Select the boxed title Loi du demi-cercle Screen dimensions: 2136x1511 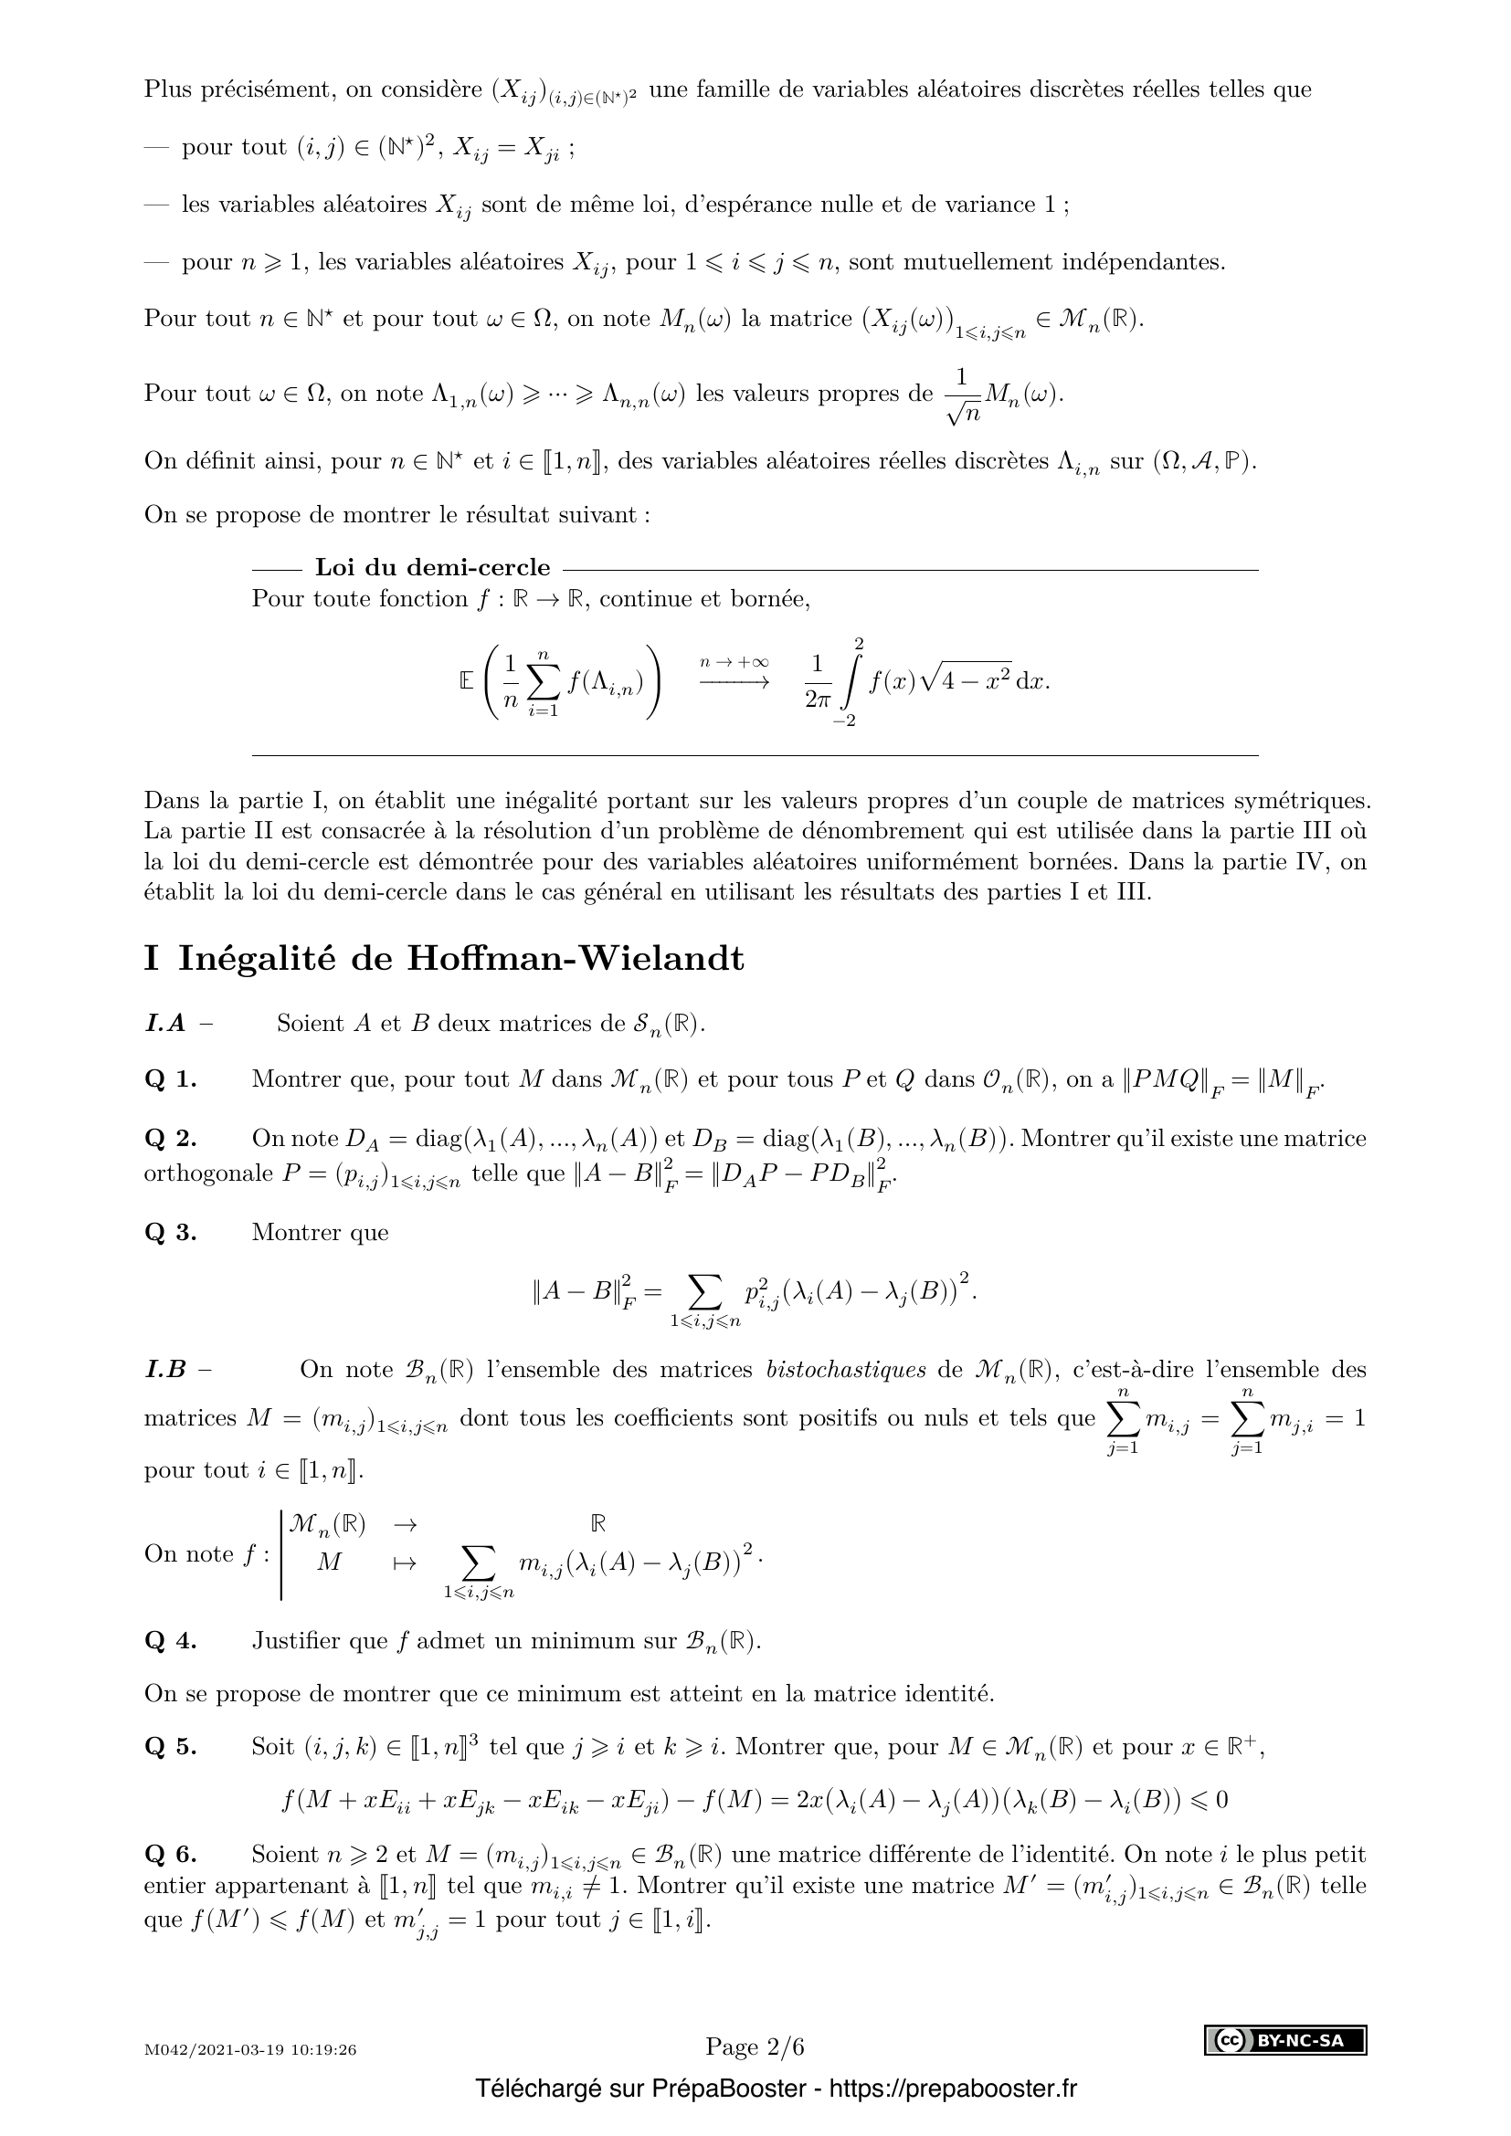coord(433,567)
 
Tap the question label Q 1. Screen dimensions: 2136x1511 coord(170,1080)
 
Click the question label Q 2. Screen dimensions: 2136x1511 coord(170,1139)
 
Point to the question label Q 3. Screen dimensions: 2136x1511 coord(170,1233)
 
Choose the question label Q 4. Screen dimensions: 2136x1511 coord(170,1641)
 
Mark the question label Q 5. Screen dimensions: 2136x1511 coord(170,1747)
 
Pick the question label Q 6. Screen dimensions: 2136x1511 coord(170,1854)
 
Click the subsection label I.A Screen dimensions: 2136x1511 coord(165,1024)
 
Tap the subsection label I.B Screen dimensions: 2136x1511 coord(165,1370)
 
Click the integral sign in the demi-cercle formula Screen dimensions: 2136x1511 coord(849,683)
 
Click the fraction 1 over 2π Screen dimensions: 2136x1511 coord(817,683)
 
